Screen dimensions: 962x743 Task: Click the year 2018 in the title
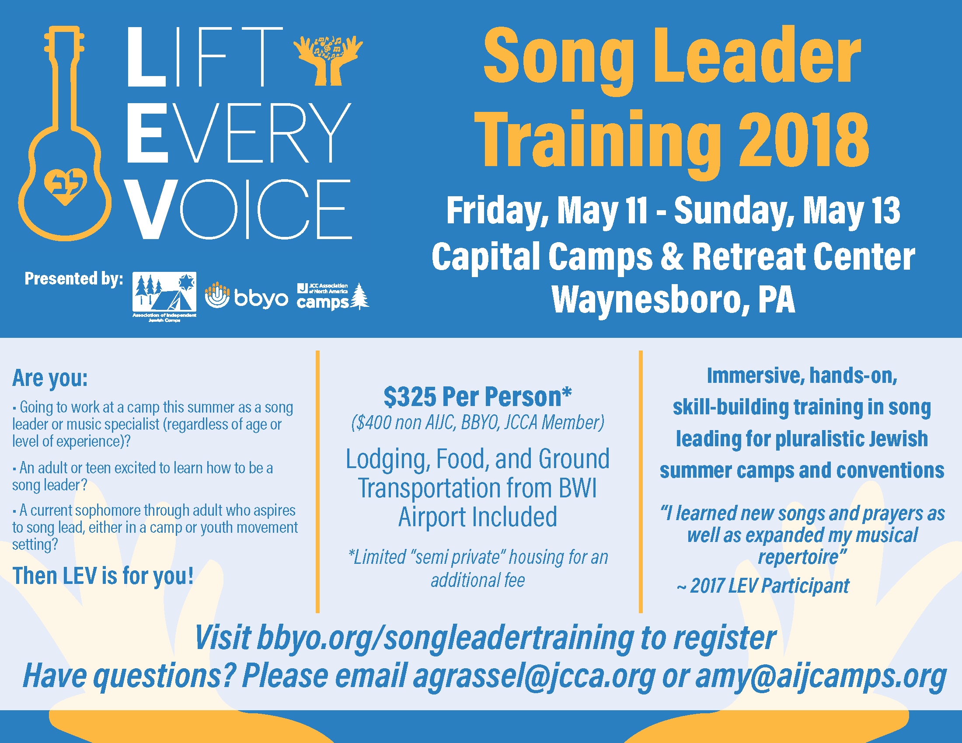803,140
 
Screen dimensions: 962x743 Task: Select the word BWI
578,488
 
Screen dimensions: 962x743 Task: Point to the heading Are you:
50,378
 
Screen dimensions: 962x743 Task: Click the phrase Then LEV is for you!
103,576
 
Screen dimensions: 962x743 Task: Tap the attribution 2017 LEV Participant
770,586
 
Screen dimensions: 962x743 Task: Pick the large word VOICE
238,209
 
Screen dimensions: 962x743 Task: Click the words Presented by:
73,279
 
